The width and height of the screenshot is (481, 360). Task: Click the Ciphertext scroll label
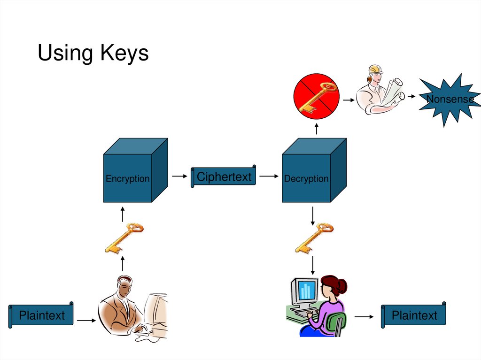(x=224, y=177)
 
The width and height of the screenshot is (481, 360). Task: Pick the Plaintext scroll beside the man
(x=41, y=315)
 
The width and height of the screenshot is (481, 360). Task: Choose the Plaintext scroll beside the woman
(x=414, y=315)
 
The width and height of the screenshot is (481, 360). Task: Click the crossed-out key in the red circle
(x=316, y=97)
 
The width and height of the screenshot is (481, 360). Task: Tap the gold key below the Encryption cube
(x=123, y=237)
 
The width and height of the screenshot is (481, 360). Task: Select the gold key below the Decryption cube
(x=314, y=238)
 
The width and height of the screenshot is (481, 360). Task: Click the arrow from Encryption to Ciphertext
(x=179, y=176)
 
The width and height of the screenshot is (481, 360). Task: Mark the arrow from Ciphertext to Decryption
(x=269, y=176)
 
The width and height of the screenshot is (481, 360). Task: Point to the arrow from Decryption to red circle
(x=316, y=128)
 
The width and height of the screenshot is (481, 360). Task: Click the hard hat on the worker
(x=376, y=69)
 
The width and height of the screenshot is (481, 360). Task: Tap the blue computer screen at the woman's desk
(x=306, y=291)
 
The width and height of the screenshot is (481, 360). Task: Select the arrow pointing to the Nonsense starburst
(x=411, y=96)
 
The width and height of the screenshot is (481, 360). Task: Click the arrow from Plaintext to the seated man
(x=86, y=321)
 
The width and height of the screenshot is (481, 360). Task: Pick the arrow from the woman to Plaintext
(x=364, y=317)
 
